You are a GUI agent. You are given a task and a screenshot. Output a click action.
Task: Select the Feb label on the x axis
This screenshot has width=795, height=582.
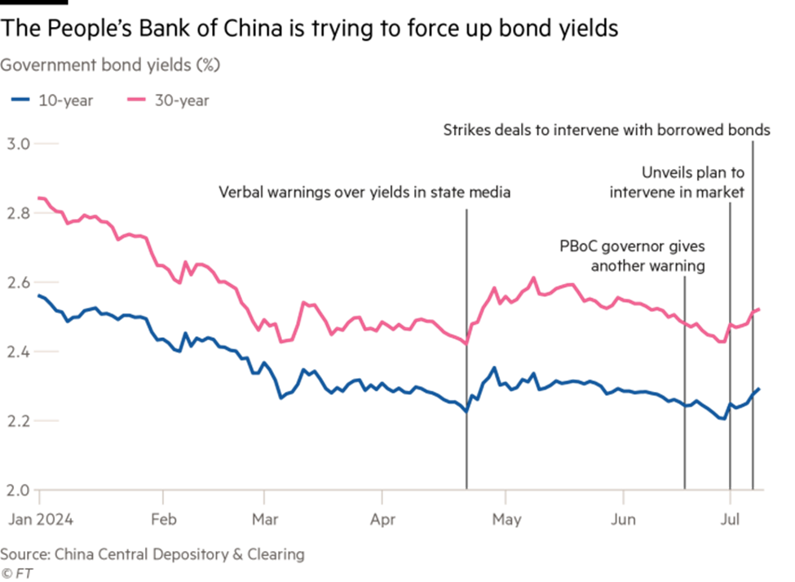pos(164,518)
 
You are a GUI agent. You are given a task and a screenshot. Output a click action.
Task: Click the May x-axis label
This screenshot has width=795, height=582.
pos(507,518)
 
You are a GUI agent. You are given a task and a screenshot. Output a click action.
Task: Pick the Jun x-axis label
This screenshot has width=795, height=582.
pos(624,518)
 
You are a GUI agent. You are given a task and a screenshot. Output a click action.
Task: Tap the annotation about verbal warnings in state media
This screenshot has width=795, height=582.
pos(364,193)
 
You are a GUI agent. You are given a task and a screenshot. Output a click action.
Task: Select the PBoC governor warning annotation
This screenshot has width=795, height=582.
pos(632,256)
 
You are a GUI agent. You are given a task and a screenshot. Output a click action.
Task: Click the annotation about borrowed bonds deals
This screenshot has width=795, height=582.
pos(607,131)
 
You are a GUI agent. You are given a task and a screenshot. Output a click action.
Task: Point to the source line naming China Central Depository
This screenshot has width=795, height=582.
pos(152,555)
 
